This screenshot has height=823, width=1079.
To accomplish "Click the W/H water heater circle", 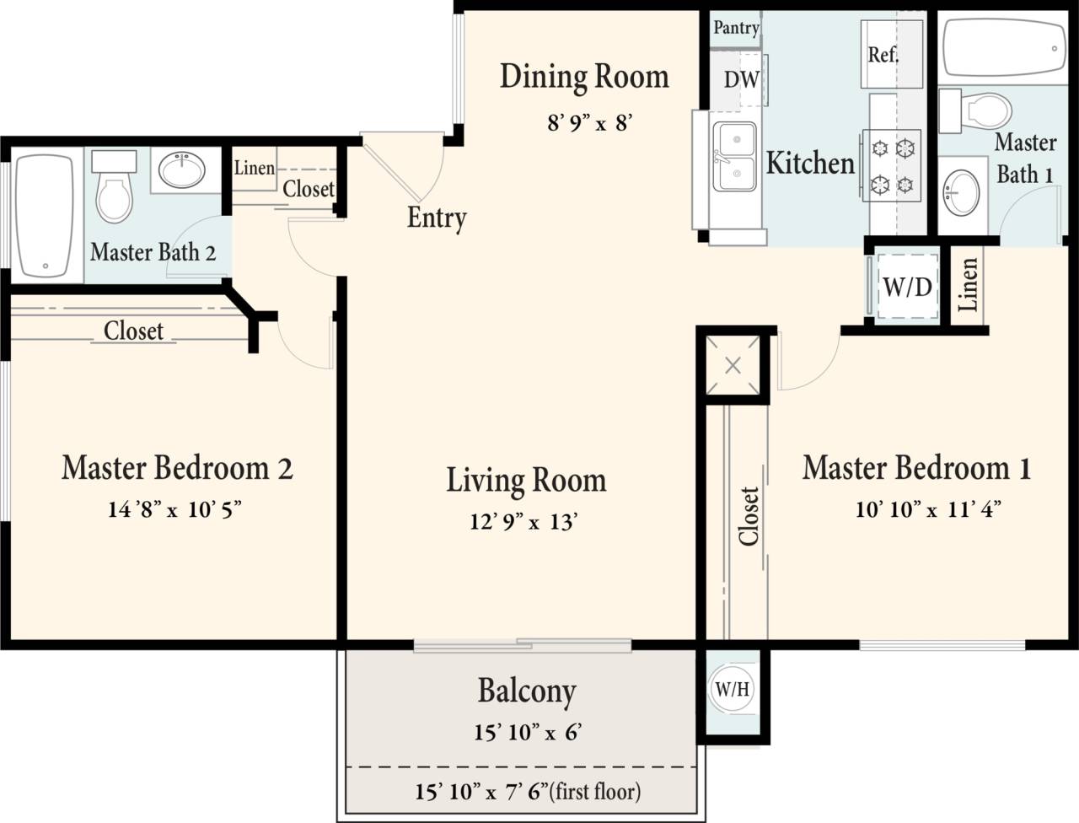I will click(732, 689).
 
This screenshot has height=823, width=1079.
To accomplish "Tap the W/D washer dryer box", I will click(907, 287).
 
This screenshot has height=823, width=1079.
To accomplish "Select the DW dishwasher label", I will click(741, 80).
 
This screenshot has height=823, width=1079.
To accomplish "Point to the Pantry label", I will click(736, 27).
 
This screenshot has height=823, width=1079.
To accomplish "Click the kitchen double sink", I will click(734, 157).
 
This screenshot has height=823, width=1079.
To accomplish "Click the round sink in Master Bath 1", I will click(961, 195).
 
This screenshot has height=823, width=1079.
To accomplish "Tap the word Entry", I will click(437, 218).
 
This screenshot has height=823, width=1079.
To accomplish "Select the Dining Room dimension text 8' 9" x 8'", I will click(589, 123).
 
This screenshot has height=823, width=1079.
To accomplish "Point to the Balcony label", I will click(527, 691).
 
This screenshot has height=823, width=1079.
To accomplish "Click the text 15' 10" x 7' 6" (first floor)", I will click(527, 792).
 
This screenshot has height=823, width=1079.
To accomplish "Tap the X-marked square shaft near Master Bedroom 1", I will click(733, 366).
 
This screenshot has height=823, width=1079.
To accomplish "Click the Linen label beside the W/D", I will click(969, 285).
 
